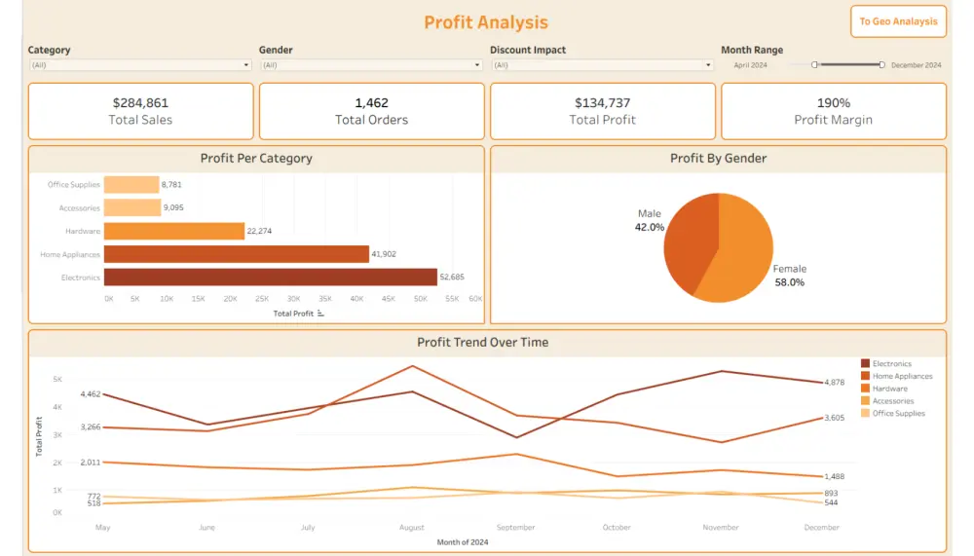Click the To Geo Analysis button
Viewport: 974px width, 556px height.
[898, 21]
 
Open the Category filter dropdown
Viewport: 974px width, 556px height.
[140, 65]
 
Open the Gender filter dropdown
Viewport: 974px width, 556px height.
[371, 65]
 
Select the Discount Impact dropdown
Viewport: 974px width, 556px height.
[602, 65]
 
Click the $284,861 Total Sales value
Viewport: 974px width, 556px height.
[140, 102]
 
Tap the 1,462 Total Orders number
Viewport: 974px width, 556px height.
[371, 102]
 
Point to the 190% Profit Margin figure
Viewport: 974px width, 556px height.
[833, 102]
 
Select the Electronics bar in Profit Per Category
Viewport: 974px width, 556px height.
[270, 278]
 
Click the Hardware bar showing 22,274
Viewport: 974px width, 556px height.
[173, 231]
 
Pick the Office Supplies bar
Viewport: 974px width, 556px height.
[131, 184]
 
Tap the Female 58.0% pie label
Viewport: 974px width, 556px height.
[789, 276]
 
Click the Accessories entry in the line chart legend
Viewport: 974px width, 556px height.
[892, 401]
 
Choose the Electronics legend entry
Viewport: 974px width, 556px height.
[891, 364]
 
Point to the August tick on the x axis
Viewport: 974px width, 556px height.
[412, 528]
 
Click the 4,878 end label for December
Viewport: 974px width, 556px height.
[834, 382]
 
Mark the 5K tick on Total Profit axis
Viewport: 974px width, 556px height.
[57, 379]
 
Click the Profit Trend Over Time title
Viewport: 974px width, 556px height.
[482, 343]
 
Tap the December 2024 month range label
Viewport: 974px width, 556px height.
[916, 65]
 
